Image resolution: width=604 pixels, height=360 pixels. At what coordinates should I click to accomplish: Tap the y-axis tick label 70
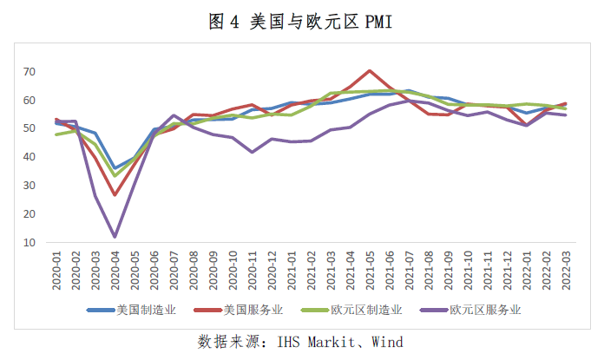[30, 71]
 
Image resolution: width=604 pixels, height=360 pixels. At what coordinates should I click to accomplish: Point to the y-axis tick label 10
[30, 243]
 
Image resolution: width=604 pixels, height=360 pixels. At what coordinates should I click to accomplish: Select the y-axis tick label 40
[30, 157]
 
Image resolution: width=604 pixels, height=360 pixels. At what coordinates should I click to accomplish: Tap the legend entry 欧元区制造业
[368, 309]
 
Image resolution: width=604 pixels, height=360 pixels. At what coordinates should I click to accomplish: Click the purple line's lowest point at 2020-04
[115, 236]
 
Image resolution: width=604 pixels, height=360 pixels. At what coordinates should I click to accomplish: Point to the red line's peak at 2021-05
[370, 71]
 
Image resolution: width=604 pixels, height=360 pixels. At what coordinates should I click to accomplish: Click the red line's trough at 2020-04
[115, 194]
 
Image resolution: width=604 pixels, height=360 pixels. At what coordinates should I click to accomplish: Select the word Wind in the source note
[386, 341]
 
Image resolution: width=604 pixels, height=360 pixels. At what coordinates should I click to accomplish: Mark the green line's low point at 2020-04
[115, 176]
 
